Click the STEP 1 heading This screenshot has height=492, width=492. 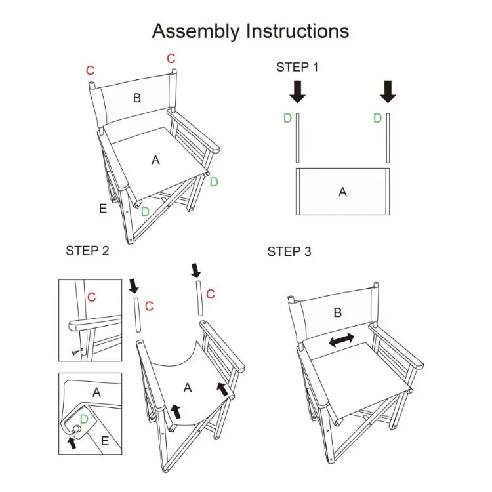(x=297, y=67)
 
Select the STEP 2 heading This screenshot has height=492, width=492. (x=87, y=251)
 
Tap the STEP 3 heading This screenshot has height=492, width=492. (x=289, y=252)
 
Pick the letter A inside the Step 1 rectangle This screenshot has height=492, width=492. (x=342, y=192)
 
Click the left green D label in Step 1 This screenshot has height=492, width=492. (x=287, y=118)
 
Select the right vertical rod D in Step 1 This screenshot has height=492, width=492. (x=388, y=138)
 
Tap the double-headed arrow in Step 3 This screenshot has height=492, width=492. (x=341, y=340)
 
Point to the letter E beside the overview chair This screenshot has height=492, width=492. (x=102, y=209)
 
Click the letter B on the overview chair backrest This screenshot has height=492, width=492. (x=136, y=98)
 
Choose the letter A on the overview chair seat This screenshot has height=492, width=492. (x=155, y=159)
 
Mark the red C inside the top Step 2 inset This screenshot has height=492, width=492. (x=91, y=297)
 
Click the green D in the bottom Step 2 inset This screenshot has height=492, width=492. (x=83, y=418)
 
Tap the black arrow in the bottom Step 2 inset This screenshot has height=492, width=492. (x=72, y=442)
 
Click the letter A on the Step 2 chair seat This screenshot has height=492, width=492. (x=187, y=388)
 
